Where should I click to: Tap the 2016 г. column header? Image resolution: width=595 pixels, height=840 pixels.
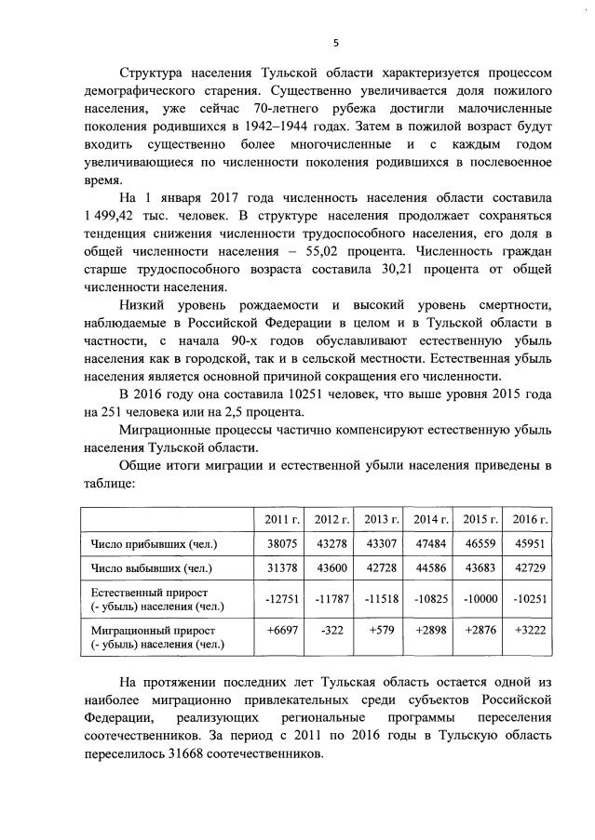(x=529, y=517)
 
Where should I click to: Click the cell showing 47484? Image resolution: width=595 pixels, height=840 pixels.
(x=430, y=543)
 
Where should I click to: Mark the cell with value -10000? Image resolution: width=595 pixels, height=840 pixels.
(x=480, y=599)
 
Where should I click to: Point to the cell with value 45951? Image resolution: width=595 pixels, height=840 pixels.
(x=530, y=543)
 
